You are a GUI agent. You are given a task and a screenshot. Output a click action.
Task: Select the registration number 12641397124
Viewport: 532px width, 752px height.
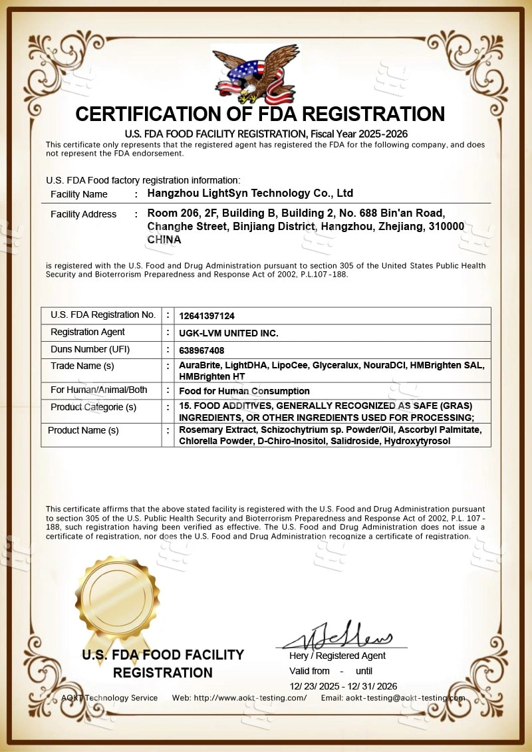[207, 316]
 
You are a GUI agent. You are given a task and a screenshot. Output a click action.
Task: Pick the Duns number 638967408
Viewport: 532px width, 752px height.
[201, 350]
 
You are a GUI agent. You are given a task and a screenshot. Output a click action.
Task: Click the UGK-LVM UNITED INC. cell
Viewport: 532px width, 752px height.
[229, 333]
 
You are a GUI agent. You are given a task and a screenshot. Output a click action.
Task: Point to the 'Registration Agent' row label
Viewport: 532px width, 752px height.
[88, 332]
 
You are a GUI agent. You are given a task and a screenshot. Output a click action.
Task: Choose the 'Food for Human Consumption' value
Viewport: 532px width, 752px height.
[244, 391]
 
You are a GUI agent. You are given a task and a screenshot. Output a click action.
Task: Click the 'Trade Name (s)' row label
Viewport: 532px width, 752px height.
[82, 366]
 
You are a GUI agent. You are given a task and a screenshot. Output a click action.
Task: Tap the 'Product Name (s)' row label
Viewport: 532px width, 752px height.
[83, 430]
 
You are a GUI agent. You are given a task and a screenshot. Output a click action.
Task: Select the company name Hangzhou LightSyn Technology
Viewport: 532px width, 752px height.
[249, 193]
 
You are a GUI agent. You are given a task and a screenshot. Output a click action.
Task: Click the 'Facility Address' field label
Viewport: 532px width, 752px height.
[83, 214]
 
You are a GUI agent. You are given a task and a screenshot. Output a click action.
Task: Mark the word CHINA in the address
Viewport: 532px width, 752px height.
[164, 239]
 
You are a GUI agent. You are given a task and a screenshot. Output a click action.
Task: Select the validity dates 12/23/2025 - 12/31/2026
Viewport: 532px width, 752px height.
[343, 686]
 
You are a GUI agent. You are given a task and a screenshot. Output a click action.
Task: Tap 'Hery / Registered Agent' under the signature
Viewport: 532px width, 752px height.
[337, 656]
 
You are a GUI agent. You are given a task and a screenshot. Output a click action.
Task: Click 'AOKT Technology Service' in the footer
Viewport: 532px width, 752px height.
[110, 697]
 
